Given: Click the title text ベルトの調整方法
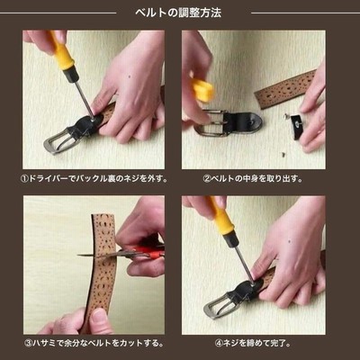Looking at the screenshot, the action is [x=178, y=13].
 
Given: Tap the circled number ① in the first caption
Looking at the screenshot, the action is [x=24, y=179].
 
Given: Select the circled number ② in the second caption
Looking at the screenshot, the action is [x=207, y=179].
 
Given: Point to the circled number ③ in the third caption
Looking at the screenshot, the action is [x=28, y=343].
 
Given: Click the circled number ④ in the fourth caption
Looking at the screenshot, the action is [x=218, y=343].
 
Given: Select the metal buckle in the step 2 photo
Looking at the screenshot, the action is [x=210, y=123].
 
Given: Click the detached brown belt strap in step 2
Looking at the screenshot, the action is [x=285, y=88].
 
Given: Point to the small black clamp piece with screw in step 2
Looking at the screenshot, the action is [x=297, y=126].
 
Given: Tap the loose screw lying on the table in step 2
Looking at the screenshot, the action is [x=283, y=155].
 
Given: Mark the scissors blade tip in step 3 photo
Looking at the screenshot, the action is [x=78, y=256].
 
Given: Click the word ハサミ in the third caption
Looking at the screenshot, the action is [x=44, y=343].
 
